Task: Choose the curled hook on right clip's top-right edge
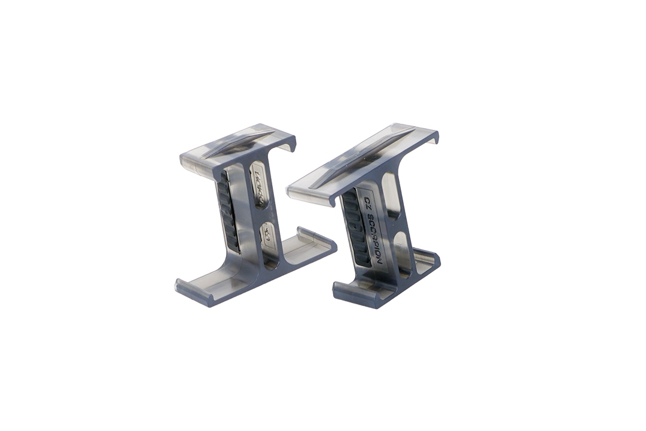pos(434,138)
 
